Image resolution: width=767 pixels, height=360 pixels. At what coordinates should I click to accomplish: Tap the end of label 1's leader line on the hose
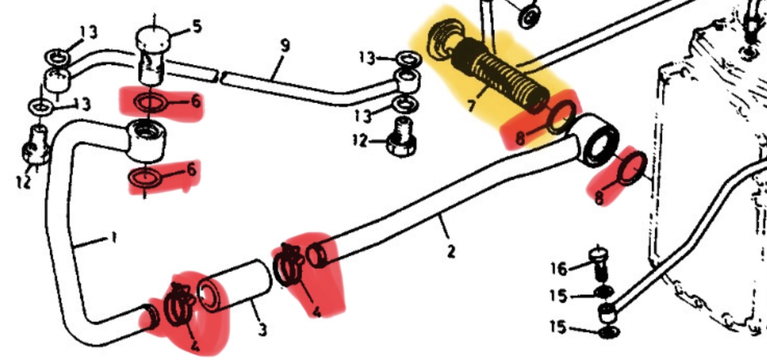(x=75, y=247)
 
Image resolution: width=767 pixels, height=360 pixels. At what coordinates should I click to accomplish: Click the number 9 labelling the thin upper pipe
(x=285, y=46)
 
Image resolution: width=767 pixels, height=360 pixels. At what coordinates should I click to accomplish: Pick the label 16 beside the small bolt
(x=559, y=268)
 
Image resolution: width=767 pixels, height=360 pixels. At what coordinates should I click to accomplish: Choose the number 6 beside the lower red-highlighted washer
(x=191, y=170)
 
